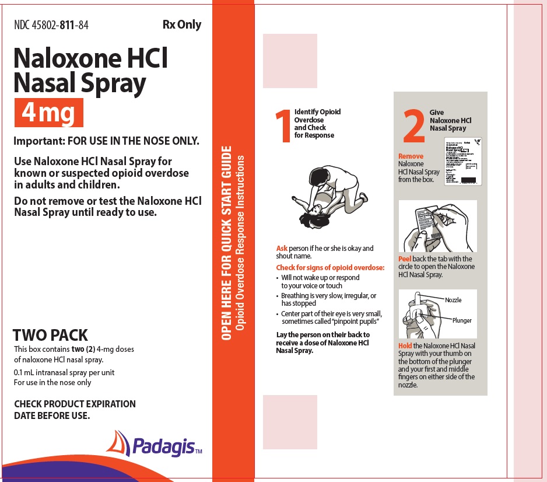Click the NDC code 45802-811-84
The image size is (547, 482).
pyautogui.click(x=51, y=25)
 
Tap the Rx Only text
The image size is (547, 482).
pyautogui.click(x=181, y=25)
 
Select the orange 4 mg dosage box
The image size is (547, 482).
pyautogui.click(x=49, y=113)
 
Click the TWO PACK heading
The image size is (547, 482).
pyautogui.click(x=50, y=335)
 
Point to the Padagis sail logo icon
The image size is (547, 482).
pyautogui.click(x=118, y=443)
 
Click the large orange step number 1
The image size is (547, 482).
pyautogui.click(x=285, y=126)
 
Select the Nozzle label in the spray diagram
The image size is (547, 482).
pyautogui.click(x=453, y=300)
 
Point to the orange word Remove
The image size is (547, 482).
pyautogui.click(x=411, y=156)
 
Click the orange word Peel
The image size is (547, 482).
pyautogui.click(x=405, y=259)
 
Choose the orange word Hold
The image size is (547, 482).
pyautogui.click(x=405, y=346)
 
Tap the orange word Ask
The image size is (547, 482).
pyautogui.click(x=282, y=249)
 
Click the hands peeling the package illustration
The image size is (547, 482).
pyautogui.click(x=437, y=226)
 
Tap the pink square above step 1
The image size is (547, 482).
pyautogui.click(x=290, y=61)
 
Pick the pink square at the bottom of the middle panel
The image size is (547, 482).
pyautogui.click(x=290, y=422)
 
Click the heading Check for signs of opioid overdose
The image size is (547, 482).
pyautogui.click(x=330, y=268)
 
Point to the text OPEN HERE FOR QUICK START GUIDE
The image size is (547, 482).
pyautogui.click(x=227, y=242)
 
